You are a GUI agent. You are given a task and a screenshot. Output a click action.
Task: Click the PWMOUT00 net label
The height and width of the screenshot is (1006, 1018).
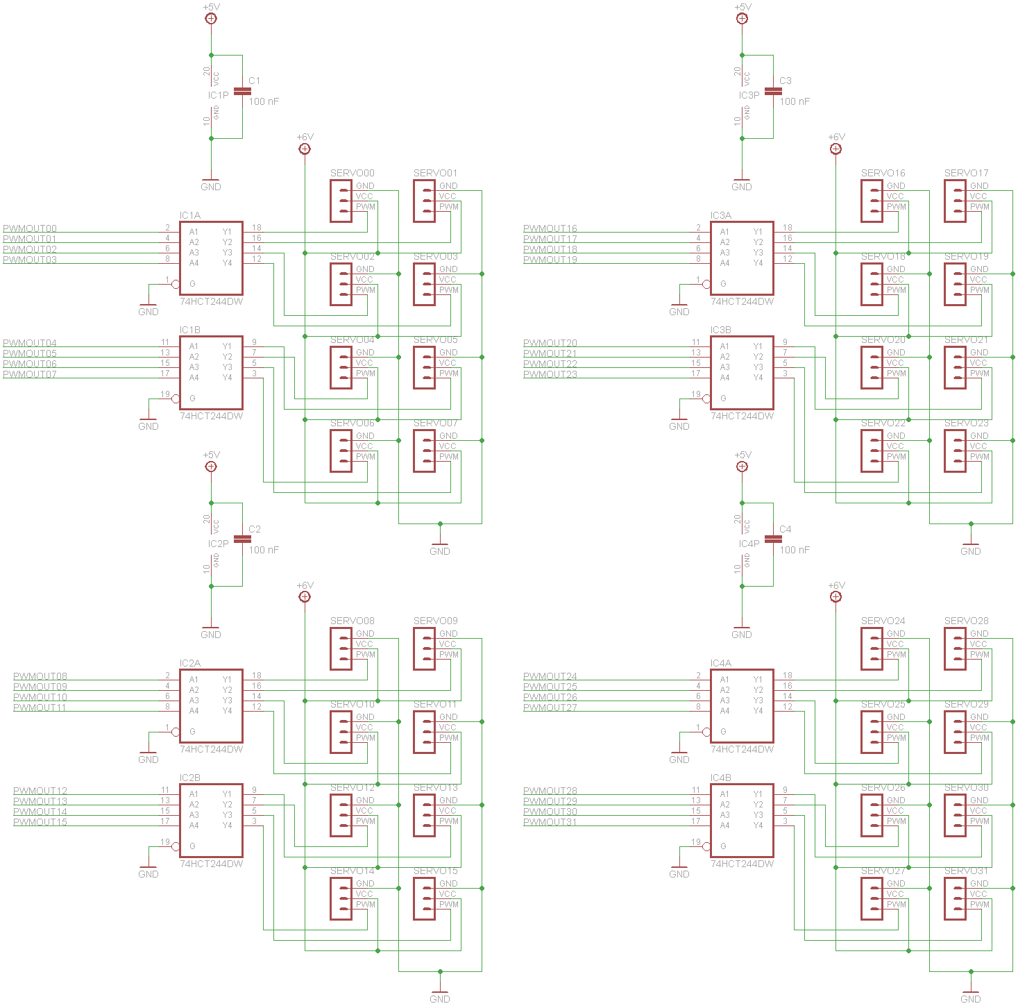(30, 228)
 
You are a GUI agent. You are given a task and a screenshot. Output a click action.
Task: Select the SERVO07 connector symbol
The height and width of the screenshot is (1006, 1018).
(424, 451)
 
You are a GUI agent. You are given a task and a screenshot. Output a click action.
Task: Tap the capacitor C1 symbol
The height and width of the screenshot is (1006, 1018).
(242, 92)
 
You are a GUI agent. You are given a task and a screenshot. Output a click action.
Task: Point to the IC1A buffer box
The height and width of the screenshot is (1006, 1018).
(211, 258)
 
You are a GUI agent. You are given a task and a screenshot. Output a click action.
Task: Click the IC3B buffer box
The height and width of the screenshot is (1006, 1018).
(742, 373)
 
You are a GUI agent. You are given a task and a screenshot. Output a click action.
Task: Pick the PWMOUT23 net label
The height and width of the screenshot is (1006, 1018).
(550, 374)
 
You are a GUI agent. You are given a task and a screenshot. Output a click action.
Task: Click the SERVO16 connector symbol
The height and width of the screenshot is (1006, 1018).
(872, 201)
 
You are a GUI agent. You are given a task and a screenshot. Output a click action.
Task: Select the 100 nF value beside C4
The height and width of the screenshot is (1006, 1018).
(795, 550)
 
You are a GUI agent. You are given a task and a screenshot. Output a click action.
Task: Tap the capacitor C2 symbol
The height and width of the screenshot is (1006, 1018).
(242, 539)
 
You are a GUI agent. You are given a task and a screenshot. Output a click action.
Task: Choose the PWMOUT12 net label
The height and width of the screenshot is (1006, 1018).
(40, 791)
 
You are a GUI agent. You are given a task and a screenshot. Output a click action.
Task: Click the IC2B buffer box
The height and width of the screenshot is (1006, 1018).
(211, 821)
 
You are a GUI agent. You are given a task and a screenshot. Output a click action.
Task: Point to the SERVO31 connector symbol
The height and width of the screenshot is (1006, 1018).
(955, 899)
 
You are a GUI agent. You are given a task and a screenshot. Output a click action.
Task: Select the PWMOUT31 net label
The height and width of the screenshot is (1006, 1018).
(550, 822)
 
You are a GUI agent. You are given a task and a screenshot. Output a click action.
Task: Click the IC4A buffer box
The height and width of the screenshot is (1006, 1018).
(742, 706)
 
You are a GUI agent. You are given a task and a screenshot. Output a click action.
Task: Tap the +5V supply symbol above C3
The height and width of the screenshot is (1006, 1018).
(742, 18)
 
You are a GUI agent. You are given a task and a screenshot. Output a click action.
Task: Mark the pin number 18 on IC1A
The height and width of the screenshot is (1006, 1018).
(257, 227)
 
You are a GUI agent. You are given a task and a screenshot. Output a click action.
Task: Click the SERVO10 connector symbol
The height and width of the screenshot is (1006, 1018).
(341, 732)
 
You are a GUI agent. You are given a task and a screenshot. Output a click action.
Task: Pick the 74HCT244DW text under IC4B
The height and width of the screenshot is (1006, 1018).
(742, 864)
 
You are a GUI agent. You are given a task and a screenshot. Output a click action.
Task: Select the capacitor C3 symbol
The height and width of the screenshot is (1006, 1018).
(773, 92)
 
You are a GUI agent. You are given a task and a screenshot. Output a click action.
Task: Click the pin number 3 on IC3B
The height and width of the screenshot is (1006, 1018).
(785, 374)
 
